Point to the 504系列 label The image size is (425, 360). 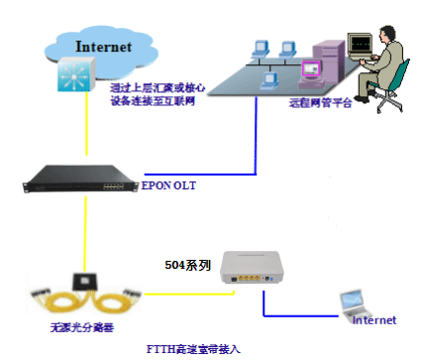[x=187, y=268]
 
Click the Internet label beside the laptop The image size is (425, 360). [x=373, y=320]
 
